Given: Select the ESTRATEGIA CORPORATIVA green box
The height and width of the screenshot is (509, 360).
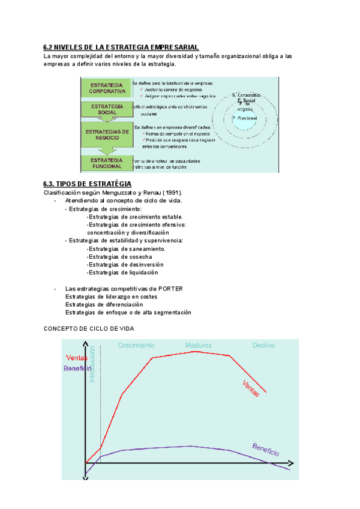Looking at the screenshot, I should (107, 88).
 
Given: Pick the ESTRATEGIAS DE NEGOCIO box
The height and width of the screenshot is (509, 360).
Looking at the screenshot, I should (107, 134).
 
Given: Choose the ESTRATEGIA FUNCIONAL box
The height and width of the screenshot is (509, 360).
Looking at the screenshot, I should (107, 163).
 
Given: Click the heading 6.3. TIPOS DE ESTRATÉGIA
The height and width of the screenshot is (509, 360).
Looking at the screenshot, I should (88, 183).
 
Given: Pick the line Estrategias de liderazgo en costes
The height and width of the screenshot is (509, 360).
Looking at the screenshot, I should (111, 297).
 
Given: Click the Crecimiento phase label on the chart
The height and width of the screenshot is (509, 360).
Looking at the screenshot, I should (136, 345).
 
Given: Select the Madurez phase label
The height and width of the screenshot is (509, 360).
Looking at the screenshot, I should (199, 345).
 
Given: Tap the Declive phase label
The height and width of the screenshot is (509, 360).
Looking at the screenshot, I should (263, 345).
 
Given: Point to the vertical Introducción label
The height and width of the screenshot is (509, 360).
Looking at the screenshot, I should (92, 364).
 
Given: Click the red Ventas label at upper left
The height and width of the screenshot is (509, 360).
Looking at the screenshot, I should (76, 358).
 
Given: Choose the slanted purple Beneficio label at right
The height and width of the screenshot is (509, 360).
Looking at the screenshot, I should (265, 450).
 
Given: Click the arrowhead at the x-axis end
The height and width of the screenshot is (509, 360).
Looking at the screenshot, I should (291, 464).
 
